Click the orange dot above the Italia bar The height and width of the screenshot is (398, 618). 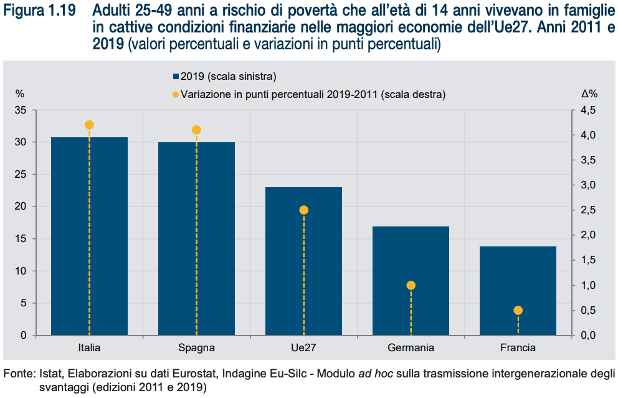[x=89, y=125]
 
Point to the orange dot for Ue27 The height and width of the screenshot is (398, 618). [x=303, y=210]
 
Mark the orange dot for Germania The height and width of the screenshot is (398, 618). [x=411, y=285]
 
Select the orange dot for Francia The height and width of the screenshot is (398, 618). [x=518, y=311]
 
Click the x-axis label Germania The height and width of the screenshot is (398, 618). [x=411, y=348]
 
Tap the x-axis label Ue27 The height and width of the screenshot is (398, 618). [x=303, y=348]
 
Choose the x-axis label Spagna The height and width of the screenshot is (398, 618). [x=196, y=348]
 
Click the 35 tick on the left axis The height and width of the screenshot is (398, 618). [x=21, y=110]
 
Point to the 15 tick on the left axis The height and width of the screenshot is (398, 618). [x=21, y=239]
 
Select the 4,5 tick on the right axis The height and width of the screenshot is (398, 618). [x=588, y=110]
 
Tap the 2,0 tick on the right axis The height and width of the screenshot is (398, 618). [x=588, y=235]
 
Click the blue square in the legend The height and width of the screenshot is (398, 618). [x=176, y=77]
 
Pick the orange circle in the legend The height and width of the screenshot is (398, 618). [x=176, y=95]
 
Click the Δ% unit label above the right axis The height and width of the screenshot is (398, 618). [x=589, y=94]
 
